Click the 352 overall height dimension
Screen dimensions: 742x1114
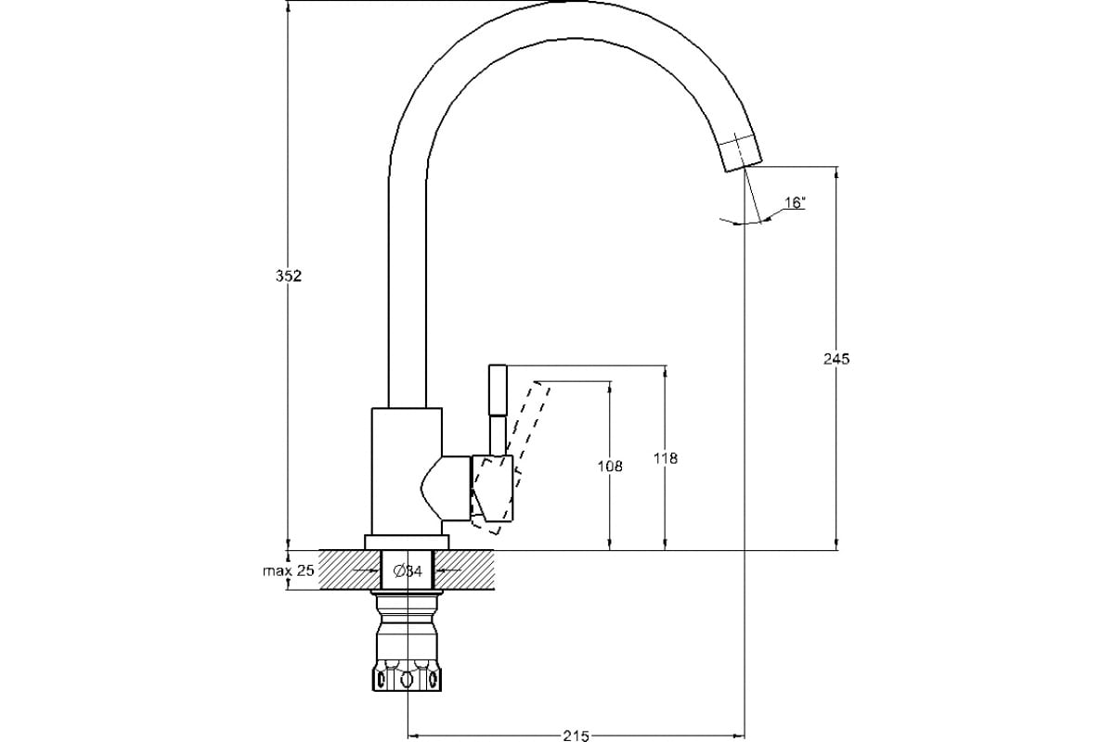[291, 276]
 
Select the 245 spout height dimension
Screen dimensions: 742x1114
[836, 358]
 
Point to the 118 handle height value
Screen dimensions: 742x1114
[666, 458]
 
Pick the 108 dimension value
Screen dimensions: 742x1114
[610, 466]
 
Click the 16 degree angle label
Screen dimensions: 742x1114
[794, 202]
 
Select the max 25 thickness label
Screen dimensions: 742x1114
[289, 570]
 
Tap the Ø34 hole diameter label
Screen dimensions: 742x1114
[408, 571]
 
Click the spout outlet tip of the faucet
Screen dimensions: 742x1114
[740, 153]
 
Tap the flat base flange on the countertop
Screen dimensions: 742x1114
[407, 543]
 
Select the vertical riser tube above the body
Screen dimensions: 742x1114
[407, 278]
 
